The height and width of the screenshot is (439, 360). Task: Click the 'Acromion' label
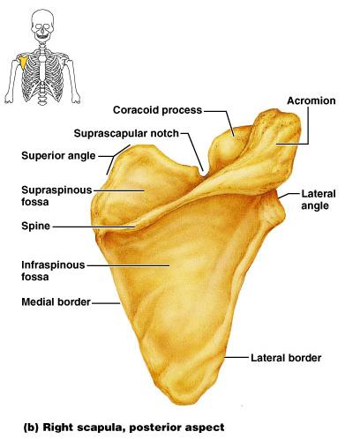(311, 100)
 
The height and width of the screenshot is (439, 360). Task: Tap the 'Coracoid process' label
(157, 110)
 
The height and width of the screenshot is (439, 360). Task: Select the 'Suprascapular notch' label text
(126, 133)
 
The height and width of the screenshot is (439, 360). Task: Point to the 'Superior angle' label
(58, 156)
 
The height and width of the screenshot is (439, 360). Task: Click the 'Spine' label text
(35, 227)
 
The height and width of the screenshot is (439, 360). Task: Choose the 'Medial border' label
(56, 302)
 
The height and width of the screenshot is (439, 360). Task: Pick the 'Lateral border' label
(286, 358)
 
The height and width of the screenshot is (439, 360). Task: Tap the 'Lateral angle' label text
(319, 200)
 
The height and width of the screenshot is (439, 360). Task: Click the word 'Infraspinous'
(53, 265)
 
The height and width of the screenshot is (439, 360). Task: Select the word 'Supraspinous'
(56, 190)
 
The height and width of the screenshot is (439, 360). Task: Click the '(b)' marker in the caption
(31, 427)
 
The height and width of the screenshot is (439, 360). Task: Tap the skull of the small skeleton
(43, 24)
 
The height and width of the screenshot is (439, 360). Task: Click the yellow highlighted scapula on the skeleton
(24, 63)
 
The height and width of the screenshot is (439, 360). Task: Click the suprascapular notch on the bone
(204, 174)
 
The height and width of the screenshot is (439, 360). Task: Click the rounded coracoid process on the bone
(225, 147)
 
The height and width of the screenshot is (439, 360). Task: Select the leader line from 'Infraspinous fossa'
(128, 265)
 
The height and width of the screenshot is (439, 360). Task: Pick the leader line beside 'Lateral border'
(236, 358)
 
